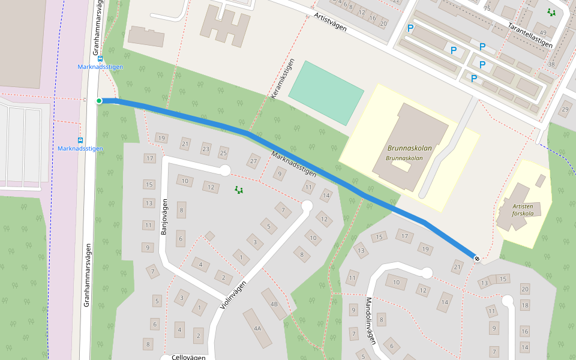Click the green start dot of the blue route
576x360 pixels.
(x=99, y=100)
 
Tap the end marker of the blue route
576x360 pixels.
(x=477, y=258)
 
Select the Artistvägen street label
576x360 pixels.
(x=330, y=25)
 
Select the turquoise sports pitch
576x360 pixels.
(x=326, y=92)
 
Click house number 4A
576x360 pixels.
(x=258, y=328)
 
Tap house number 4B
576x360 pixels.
(x=274, y=304)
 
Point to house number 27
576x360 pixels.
(x=254, y=161)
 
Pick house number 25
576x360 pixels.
(x=224, y=152)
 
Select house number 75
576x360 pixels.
(x=487, y=8)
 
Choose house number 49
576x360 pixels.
(x=543, y=33)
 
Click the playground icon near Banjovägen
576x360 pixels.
(x=239, y=190)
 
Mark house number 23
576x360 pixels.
(x=206, y=149)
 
